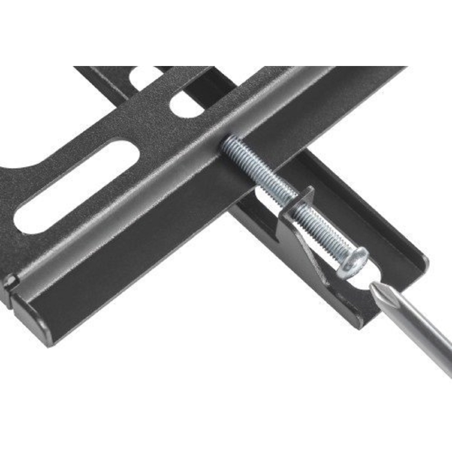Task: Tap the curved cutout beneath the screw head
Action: coord(357,285)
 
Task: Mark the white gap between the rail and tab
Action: coord(267,194)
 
